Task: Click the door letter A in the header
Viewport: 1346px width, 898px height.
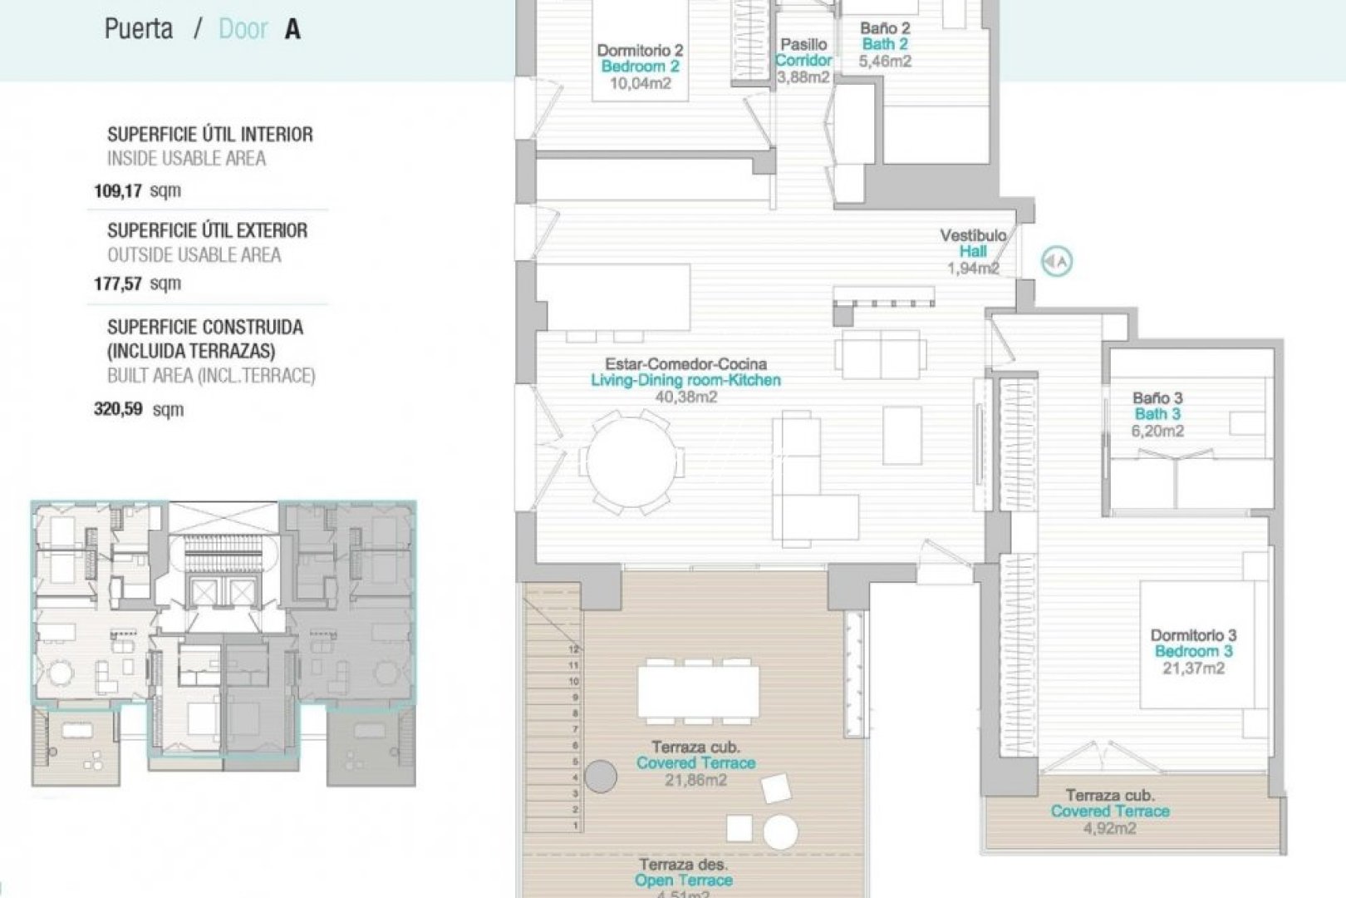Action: pos(292,30)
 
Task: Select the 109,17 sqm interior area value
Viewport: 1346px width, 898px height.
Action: pos(136,191)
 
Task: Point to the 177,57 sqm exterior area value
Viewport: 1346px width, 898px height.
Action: pos(136,284)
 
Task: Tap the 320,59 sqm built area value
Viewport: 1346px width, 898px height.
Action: pos(137,409)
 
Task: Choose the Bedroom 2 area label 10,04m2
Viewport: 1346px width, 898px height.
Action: pos(640,83)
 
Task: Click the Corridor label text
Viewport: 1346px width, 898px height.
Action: pos(803,60)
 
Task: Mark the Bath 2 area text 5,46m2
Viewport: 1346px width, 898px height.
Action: pos(885,61)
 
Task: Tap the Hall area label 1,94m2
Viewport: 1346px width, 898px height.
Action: pos(973,268)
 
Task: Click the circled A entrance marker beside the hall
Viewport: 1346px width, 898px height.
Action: pos(1057,262)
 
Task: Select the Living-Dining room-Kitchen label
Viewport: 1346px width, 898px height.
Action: pos(685,380)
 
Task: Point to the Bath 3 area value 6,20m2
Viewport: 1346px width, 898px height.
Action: pos(1157,431)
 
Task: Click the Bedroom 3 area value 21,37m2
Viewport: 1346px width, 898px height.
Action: pos(1193,668)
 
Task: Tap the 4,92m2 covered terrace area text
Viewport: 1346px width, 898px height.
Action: pos(1109,828)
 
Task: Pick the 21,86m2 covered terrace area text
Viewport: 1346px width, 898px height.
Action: pos(695,780)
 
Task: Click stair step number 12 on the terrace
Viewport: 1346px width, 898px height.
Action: pos(573,649)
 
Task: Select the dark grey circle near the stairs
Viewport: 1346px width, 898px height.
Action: pos(600,777)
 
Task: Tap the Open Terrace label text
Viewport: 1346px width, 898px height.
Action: pos(683,880)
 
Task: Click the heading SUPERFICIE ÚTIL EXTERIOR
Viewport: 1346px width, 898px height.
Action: pos(207,230)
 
